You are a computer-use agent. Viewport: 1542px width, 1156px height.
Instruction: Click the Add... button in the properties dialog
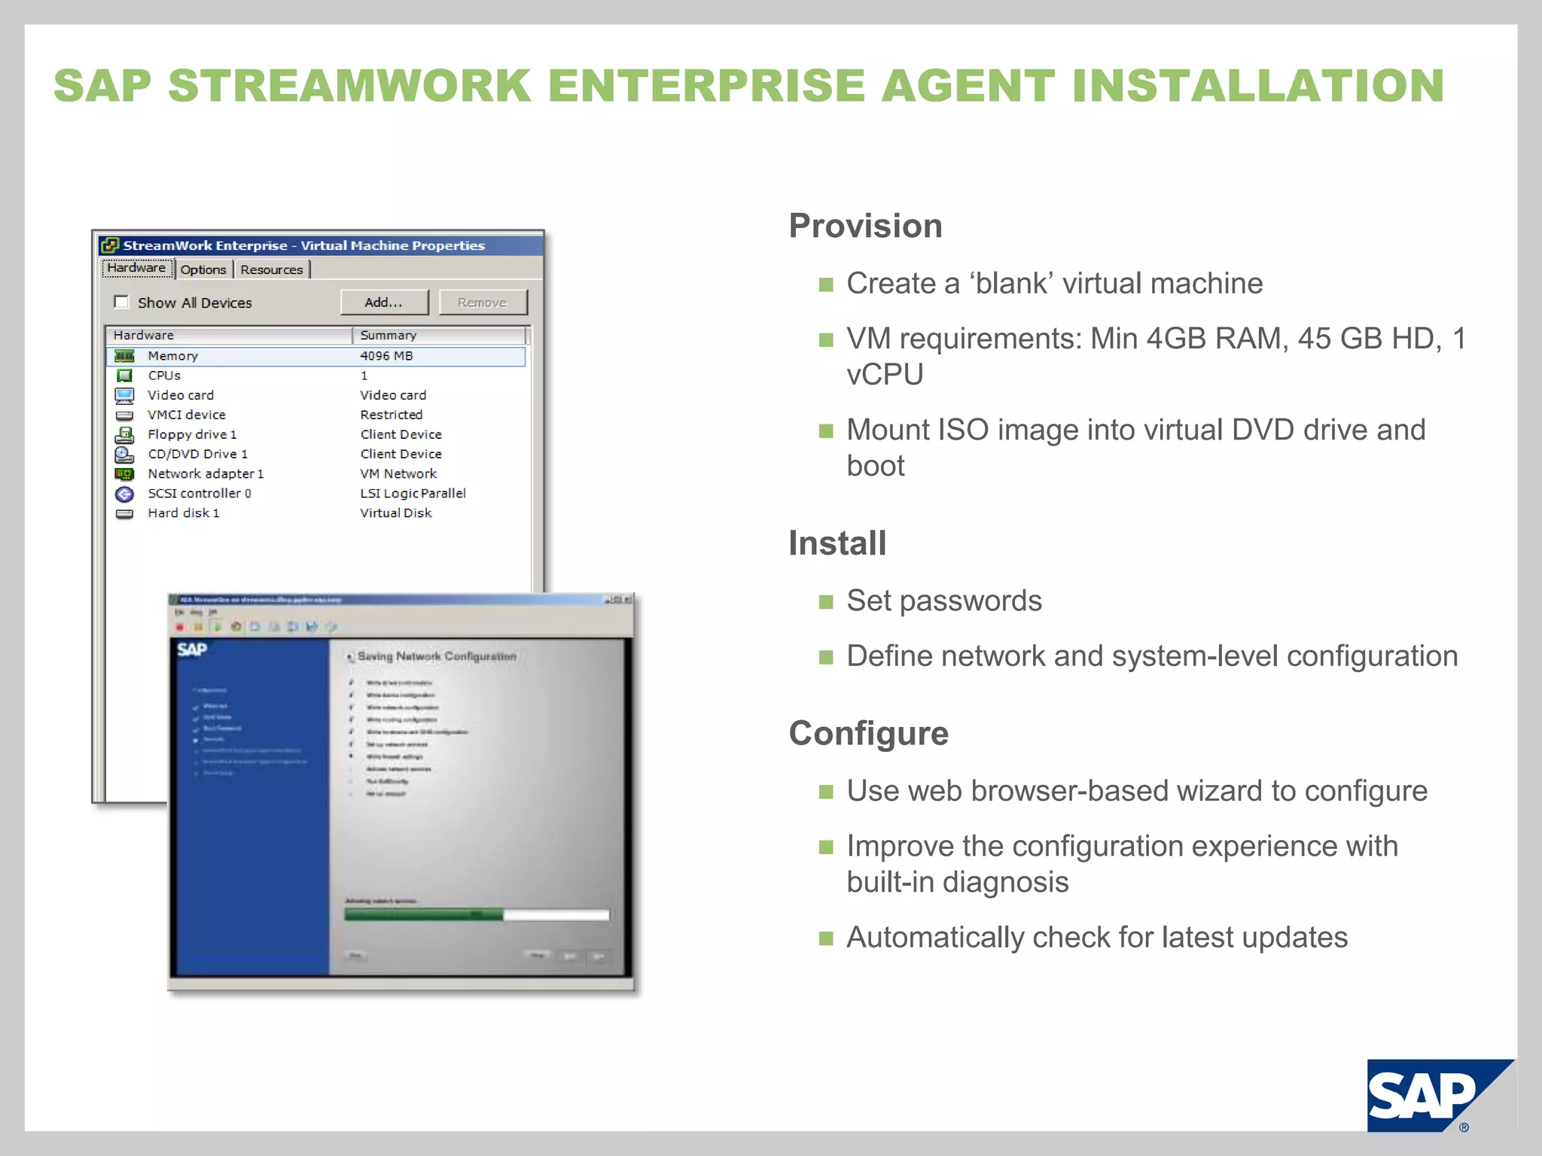(384, 303)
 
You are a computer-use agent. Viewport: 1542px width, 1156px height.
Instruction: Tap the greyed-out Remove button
(483, 303)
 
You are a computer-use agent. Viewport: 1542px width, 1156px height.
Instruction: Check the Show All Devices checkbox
(121, 302)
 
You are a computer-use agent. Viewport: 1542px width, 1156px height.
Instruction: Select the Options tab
(203, 269)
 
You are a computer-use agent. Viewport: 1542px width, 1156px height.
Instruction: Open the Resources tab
(271, 269)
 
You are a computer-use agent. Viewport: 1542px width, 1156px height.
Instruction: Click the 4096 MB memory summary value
(386, 356)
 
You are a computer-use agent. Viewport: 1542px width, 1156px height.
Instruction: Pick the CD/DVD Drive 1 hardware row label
(197, 454)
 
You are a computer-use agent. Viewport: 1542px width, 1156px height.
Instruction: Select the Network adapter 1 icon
(124, 474)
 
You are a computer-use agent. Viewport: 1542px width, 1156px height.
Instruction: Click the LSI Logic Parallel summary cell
(413, 493)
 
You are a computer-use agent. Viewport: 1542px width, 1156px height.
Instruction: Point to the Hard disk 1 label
(183, 513)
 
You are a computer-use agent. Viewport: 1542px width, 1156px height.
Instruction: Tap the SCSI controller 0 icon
(124, 494)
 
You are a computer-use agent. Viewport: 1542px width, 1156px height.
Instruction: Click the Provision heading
(865, 226)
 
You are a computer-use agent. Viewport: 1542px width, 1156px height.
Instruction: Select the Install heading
(837, 543)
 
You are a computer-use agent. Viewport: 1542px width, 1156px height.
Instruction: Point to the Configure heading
(868, 733)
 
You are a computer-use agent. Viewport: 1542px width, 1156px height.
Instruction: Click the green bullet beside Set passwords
(826, 602)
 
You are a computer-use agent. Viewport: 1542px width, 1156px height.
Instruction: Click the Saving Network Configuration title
(437, 656)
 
